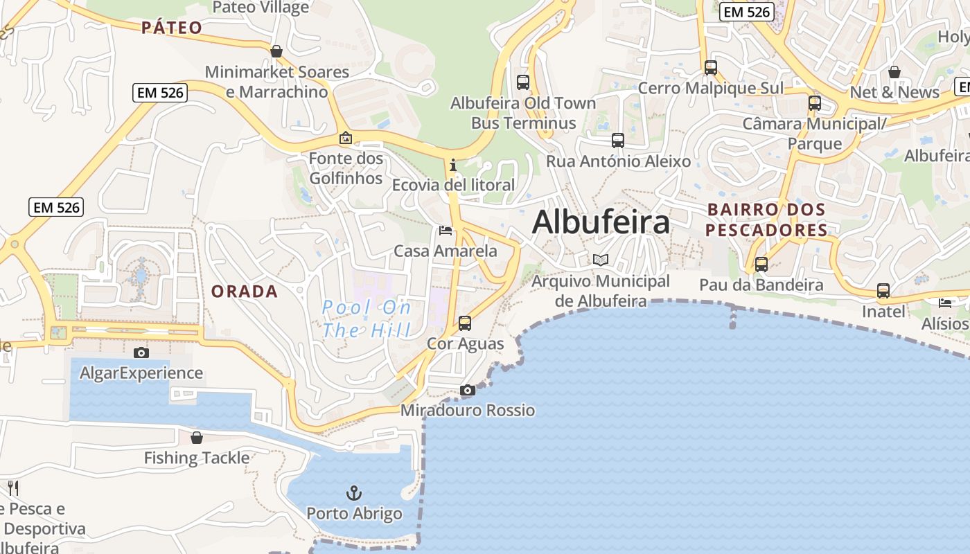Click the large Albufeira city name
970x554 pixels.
pyautogui.click(x=601, y=222)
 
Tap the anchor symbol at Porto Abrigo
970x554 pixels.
pyautogui.click(x=354, y=493)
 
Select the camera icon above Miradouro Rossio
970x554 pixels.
pyautogui.click(x=468, y=391)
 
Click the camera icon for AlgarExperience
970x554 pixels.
pyautogui.click(x=141, y=352)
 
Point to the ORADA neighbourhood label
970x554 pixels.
pyautogui.click(x=245, y=292)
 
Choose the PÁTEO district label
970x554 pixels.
pyautogui.click(x=172, y=28)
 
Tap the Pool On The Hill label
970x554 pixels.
pyautogui.click(x=367, y=319)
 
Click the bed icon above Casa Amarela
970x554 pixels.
pyautogui.click(x=446, y=231)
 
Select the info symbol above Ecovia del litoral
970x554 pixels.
pyautogui.click(x=453, y=165)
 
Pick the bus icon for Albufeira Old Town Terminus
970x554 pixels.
pyautogui.click(x=523, y=82)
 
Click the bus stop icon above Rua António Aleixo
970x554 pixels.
pyautogui.click(x=618, y=141)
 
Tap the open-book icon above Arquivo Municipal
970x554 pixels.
pyautogui.click(x=601, y=260)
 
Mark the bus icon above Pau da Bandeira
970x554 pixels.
pyautogui.click(x=761, y=264)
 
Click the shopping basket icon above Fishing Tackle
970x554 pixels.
pyautogui.click(x=197, y=438)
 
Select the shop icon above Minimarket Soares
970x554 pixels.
pyautogui.click(x=276, y=51)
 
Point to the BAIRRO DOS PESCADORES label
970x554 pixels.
pyautogui.click(x=766, y=220)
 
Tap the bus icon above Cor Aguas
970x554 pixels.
pyautogui.click(x=465, y=323)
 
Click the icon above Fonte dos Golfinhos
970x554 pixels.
pyautogui.click(x=346, y=138)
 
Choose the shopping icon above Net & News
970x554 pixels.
pyautogui.click(x=894, y=72)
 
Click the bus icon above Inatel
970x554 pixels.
pyautogui.click(x=883, y=291)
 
